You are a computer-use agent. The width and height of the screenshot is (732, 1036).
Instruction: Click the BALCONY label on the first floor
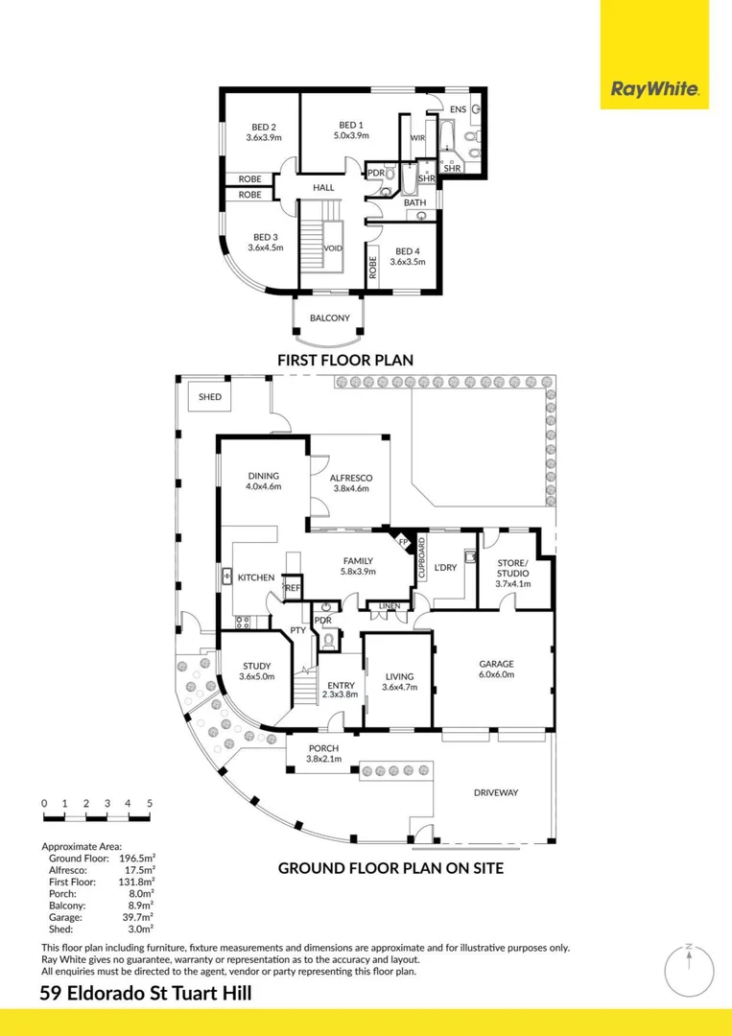329,318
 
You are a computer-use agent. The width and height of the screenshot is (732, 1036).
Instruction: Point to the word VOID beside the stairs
333,247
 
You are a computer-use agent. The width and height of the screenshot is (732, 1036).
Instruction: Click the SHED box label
210,397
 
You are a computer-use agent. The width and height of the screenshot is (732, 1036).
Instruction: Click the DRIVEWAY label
496,792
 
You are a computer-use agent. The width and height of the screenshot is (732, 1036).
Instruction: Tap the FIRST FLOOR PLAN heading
344,361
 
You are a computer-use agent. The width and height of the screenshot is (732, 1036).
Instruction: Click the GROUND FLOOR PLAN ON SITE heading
390,868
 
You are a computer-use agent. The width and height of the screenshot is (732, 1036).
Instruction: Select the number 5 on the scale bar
150,803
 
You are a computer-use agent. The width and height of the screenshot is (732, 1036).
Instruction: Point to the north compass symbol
689,970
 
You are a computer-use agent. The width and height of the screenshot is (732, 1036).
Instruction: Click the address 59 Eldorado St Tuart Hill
147,994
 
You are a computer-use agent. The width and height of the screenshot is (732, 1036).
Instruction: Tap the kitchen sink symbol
227,577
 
